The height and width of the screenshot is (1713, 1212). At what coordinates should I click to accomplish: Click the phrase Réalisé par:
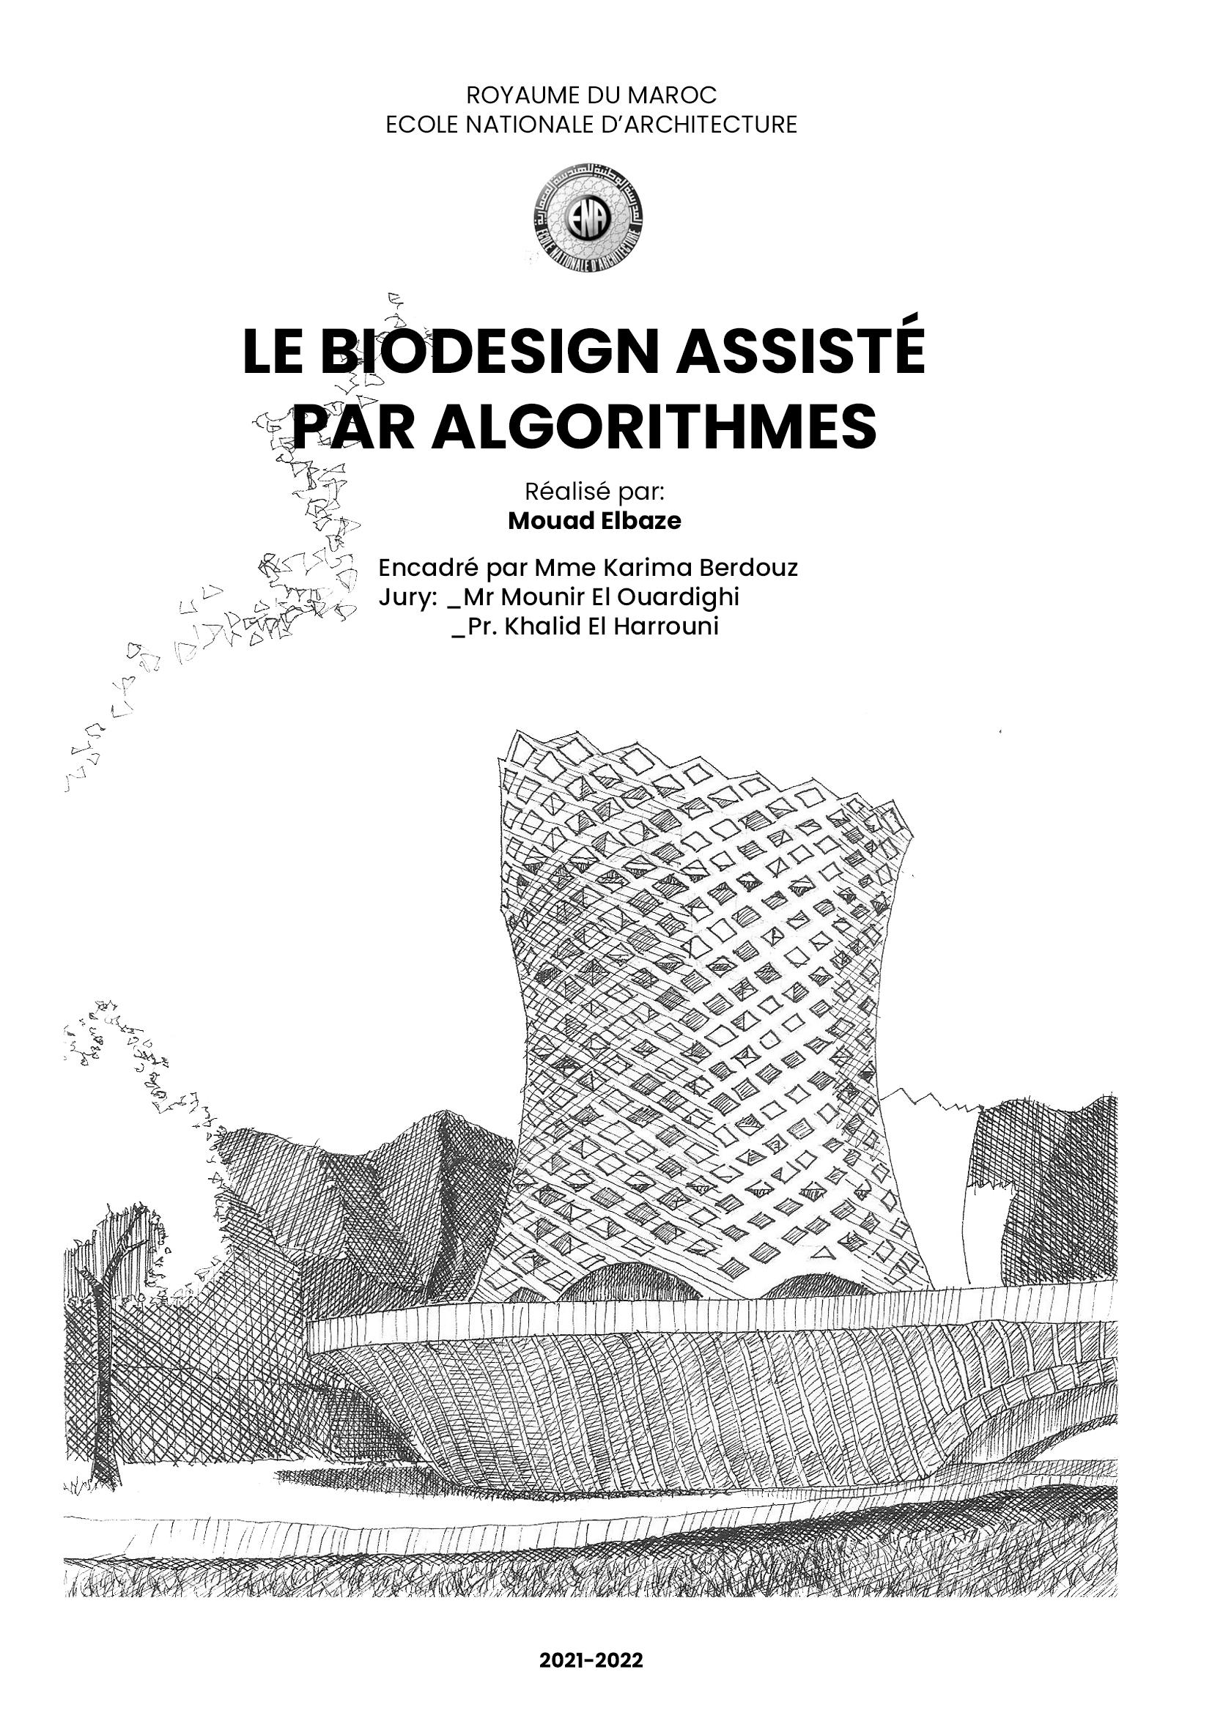pyautogui.click(x=594, y=492)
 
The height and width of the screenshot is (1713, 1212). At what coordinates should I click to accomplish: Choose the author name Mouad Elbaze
pyautogui.click(x=594, y=521)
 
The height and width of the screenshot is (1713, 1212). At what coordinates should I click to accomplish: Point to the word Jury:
pyautogui.click(x=406, y=598)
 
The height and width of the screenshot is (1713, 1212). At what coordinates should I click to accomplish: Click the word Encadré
pyautogui.click(x=427, y=568)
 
